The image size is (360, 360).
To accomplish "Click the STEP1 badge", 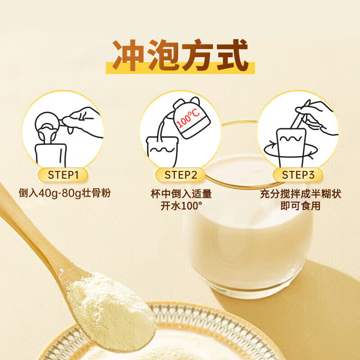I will [x=63, y=175].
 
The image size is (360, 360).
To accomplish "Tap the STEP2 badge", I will [x=180, y=175].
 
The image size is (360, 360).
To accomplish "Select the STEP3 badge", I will [x=298, y=175].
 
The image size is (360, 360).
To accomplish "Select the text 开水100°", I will [x=180, y=206].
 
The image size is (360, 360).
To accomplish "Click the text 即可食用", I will [x=298, y=206].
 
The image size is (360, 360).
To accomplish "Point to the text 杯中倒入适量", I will [x=180, y=194].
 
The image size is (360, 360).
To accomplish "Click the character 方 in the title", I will [x=198, y=55].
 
